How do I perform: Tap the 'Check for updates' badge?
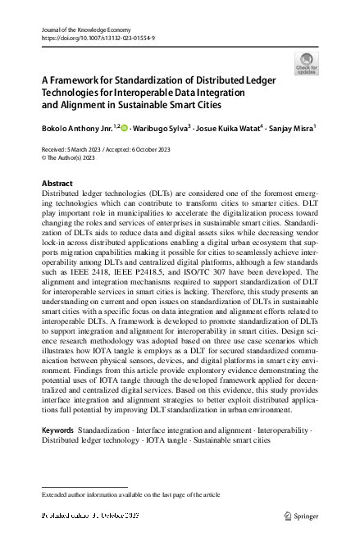point(305,63)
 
